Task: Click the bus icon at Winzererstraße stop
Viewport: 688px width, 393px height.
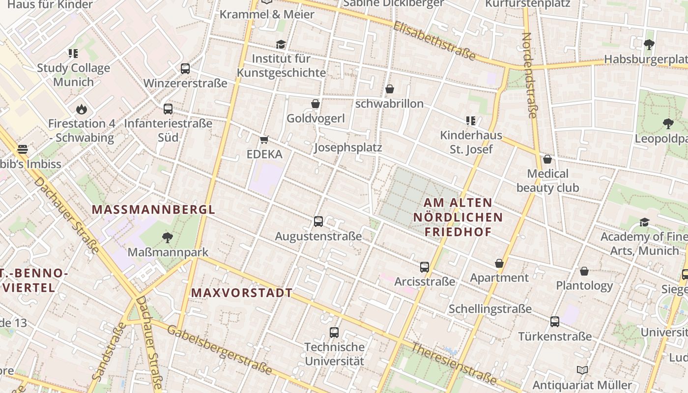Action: click(x=185, y=69)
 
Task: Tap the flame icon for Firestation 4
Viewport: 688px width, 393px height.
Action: click(x=81, y=109)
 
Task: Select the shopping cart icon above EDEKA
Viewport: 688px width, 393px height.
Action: click(x=264, y=140)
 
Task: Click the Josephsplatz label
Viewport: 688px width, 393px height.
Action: click(x=348, y=148)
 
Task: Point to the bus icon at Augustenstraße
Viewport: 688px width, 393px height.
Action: click(x=318, y=222)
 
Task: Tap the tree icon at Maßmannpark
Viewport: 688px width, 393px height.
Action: click(x=168, y=238)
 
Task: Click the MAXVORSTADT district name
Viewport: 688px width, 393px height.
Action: click(x=241, y=293)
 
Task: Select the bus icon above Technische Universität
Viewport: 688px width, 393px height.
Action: click(x=334, y=333)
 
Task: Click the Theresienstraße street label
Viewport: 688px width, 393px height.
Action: click(x=454, y=363)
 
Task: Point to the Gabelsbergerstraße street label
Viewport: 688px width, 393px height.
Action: click(x=219, y=349)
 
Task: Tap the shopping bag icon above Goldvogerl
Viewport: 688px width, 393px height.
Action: click(x=315, y=104)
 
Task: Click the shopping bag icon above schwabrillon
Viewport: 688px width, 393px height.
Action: click(x=390, y=89)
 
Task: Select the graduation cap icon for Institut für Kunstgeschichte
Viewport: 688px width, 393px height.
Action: click(x=281, y=44)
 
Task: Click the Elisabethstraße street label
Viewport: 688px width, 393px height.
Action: click(x=434, y=41)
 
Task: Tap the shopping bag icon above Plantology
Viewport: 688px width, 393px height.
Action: click(x=584, y=271)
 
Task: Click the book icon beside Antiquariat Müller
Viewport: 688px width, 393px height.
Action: click(x=582, y=370)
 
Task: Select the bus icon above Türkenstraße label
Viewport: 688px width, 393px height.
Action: click(x=555, y=322)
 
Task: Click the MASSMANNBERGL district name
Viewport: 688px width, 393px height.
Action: click(x=153, y=210)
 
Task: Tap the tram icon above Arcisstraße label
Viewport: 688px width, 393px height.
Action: click(x=425, y=267)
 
